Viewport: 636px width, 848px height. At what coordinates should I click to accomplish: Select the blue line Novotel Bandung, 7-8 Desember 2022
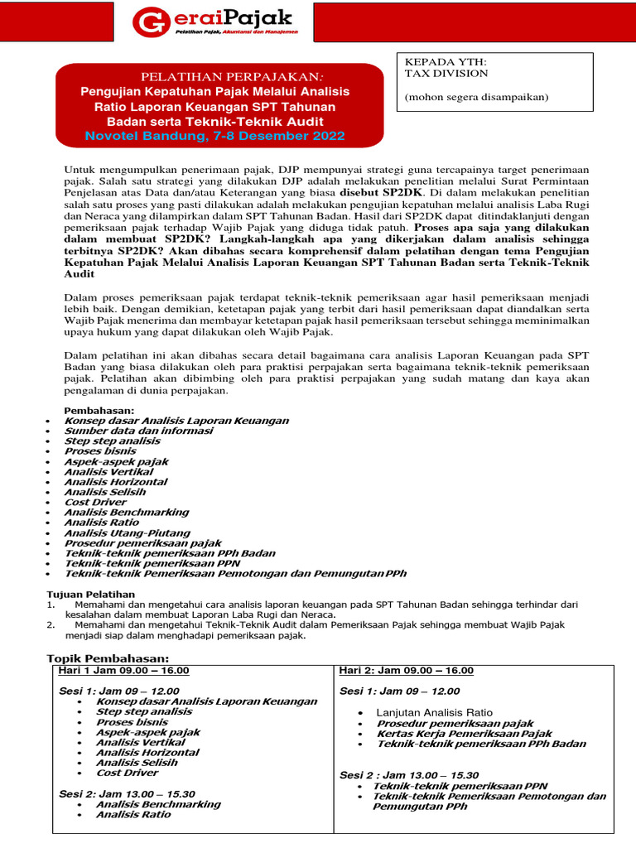tap(214, 136)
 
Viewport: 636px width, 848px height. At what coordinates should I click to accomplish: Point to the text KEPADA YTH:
tap(434, 61)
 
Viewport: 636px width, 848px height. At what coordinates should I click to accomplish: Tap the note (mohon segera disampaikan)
tap(475, 97)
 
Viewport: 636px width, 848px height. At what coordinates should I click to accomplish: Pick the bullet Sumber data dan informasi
tap(137, 431)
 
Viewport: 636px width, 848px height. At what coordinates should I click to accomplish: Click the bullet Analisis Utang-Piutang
tap(127, 533)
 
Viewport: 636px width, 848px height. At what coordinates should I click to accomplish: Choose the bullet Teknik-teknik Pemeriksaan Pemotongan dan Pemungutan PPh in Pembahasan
tap(235, 573)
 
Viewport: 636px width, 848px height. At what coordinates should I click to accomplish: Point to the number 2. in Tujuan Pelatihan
tap(49, 625)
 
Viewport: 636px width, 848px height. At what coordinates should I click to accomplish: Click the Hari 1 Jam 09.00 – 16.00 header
tap(124, 670)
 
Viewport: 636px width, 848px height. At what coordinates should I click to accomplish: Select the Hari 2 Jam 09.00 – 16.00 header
tap(407, 670)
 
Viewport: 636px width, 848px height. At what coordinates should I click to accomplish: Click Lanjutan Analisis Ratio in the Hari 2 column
tap(434, 712)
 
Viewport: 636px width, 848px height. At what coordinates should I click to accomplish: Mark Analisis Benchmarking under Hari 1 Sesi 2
tap(158, 804)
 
